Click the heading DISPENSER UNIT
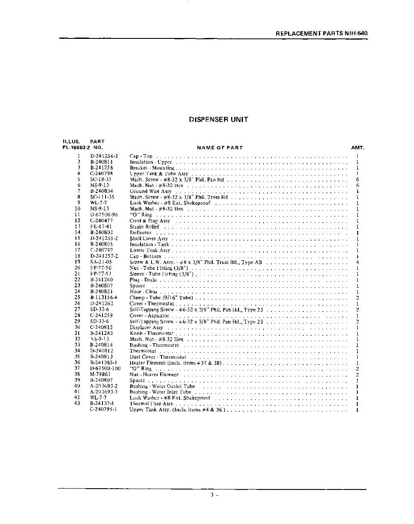pos(219,119)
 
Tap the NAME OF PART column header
pos(219,148)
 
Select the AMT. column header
pos(357,148)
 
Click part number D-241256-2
pos(104,156)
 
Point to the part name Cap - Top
pos(141,156)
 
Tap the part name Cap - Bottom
pos(145,256)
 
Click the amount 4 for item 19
pos(357,262)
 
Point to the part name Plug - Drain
pos(143,280)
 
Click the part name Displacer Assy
pos(146,327)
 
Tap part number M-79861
pos(100,375)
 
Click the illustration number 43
pos(78,404)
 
